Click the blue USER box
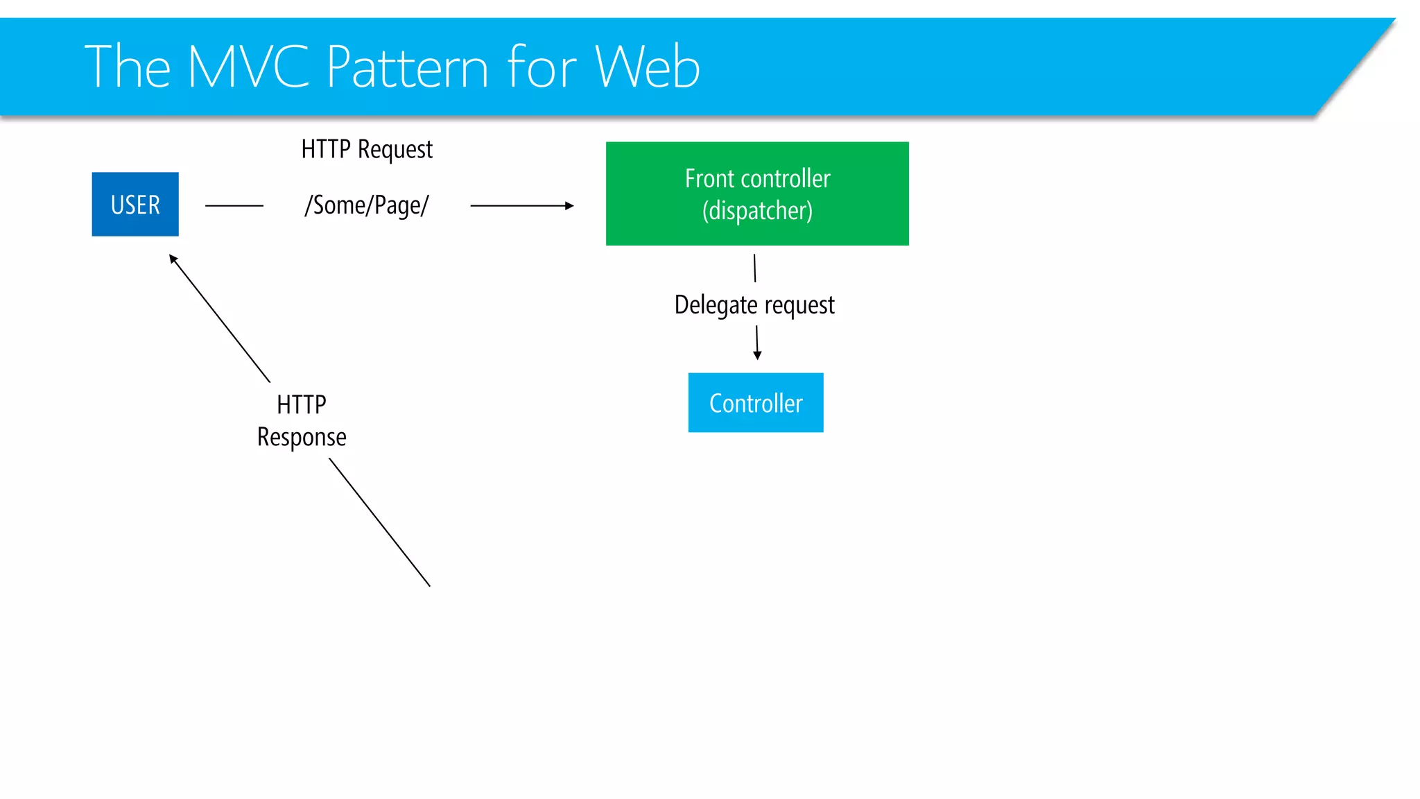coord(135,204)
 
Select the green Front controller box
coord(757,194)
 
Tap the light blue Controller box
coord(756,403)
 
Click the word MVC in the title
coord(248,67)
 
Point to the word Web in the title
coord(647,67)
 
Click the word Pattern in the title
coord(408,67)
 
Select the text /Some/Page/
coord(367,205)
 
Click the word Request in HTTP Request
coord(395,150)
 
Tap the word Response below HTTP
coord(302,438)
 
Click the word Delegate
coord(716,305)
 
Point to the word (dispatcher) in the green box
coord(757,211)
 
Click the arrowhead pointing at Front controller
coord(569,205)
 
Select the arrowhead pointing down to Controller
coord(757,355)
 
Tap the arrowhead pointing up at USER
coord(173,259)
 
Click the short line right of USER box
coord(234,205)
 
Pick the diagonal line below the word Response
coord(379,522)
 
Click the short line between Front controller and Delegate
coord(754,268)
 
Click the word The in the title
coord(128,67)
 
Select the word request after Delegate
coord(799,305)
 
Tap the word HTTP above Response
coord(302,405)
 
